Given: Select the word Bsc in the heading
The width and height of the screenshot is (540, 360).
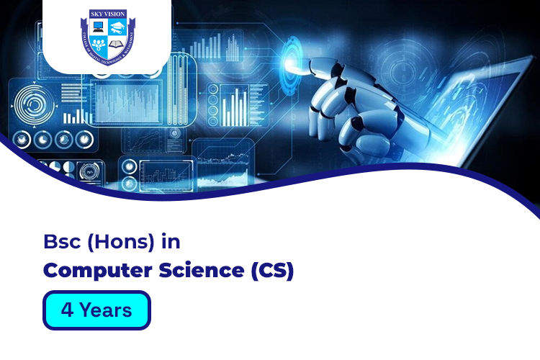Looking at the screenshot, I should [62, 242].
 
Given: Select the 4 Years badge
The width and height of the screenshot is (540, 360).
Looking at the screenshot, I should [96, 310].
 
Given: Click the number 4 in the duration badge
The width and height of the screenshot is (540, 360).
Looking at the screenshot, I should [67, 310].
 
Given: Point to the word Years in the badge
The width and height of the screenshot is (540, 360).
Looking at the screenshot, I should [106, 310].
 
